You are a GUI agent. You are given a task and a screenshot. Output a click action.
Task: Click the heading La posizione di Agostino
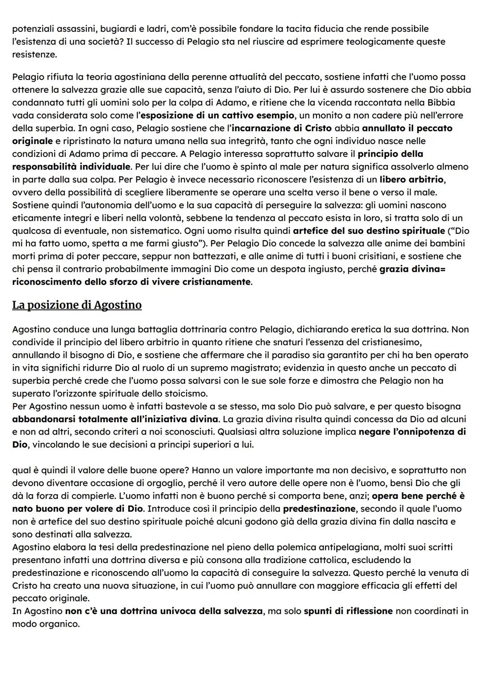pos(76,305)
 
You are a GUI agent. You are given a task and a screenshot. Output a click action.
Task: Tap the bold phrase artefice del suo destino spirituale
pos(369,231)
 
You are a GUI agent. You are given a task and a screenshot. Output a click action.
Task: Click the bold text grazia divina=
pos(412,270)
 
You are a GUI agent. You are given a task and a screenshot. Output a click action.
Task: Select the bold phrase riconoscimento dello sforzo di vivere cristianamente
pos(131,282)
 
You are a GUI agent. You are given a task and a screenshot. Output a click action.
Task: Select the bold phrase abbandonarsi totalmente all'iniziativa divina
pos(115,419)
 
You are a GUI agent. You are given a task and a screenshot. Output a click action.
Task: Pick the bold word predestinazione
pos(319,509)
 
